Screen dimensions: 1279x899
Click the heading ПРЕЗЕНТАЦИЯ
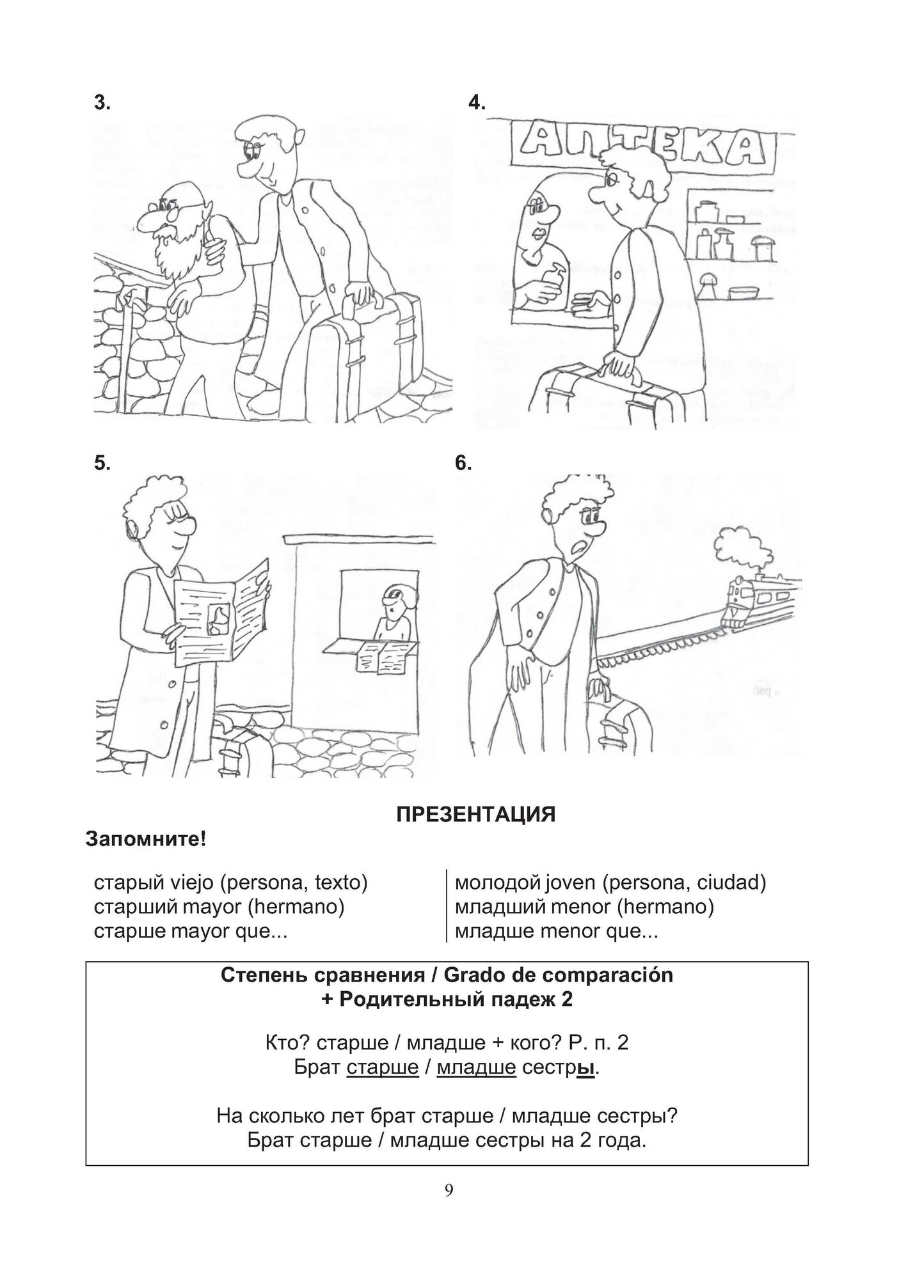coord(475,814)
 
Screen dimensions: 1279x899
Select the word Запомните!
coord(146,838)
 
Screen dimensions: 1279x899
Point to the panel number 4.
coord(477,103)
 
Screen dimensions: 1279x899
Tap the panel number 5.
coord(102,463)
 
